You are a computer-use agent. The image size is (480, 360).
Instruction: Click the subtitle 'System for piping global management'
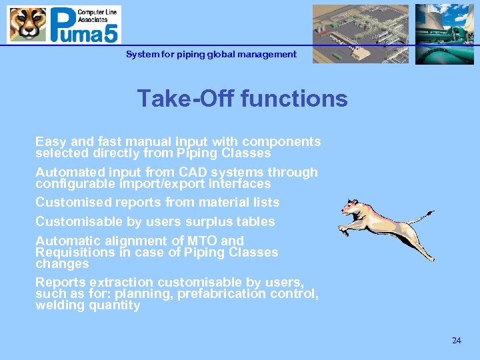pyautogui.click(x=211, y=55)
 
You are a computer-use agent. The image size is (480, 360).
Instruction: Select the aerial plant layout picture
pyautogui.click(x=361, y=34)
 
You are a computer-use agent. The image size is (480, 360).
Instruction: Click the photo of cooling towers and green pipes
pyautogui.click(x=444, y=34)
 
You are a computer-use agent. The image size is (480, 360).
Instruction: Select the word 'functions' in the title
pyautogui.click(x=294, y=99)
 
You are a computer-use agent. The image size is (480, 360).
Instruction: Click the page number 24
pyautogui.click(x=456, y=341)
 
